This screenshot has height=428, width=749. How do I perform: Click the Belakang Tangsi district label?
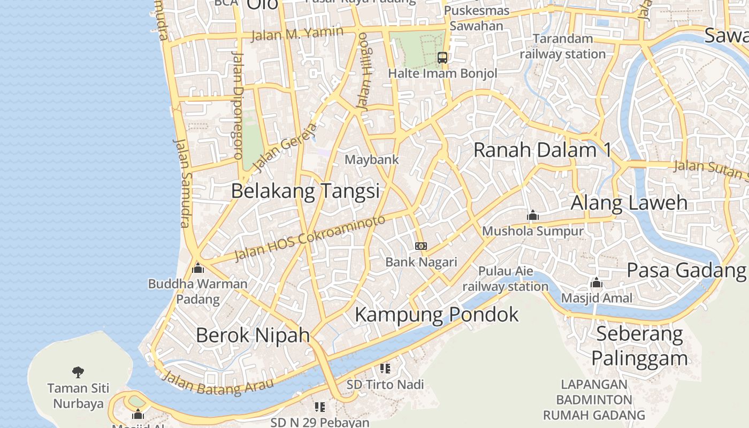[305, 191]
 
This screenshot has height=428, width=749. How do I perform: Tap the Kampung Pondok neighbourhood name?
[437, 315]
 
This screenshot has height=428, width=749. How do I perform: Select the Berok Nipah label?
[253, 335]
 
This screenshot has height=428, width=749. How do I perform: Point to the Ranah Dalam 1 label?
[542, 150]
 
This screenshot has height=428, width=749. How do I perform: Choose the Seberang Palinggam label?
[639, 346]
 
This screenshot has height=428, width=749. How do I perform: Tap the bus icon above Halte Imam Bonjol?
[442, 58]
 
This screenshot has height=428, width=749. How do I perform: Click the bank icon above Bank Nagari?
[421, 246]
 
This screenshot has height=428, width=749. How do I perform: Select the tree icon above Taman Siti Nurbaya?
[78, 371]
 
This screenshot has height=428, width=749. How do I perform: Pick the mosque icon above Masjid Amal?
[597, 282]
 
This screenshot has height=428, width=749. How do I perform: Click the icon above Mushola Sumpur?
[532, 216]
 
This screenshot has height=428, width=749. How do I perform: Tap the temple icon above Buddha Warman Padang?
[198, 268]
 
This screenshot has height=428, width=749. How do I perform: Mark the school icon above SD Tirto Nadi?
[385, 369]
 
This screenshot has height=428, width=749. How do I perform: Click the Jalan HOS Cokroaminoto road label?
[310, 238]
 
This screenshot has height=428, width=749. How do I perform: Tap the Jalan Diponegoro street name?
[238, 106]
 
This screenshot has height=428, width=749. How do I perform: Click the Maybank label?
[371, 159]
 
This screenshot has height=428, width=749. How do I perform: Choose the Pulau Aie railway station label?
[506, 279]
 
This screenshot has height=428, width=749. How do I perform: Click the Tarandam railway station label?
[563, 46]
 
